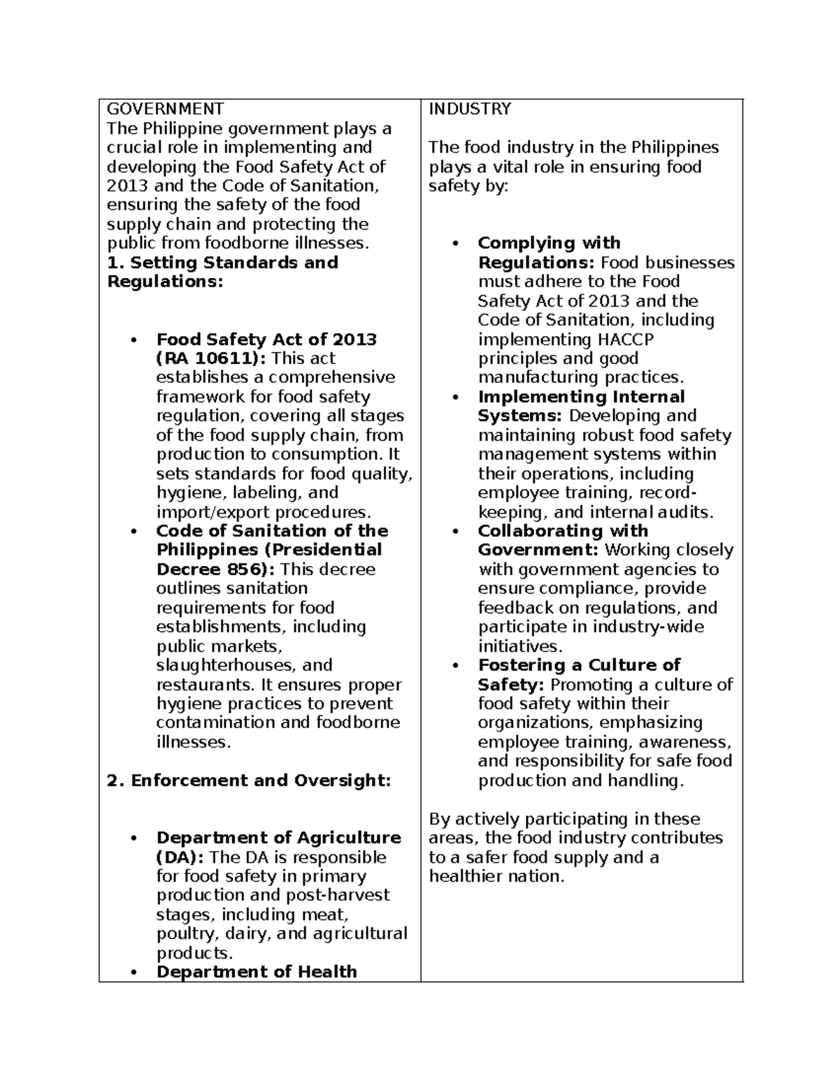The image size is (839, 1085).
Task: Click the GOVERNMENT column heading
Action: (x=165, y=109)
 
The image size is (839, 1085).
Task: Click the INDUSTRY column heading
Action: (x=470, y=109)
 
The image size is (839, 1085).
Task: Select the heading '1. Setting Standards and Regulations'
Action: (x=222, y=272)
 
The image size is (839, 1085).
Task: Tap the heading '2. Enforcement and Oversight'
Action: (x=248, y=780)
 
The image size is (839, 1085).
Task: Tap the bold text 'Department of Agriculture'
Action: (x=278, y=838)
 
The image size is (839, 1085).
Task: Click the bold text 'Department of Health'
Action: (x=257, y=972)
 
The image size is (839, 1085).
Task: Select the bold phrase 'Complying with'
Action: (x=549, y=243)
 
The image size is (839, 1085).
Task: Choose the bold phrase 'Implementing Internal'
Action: (x=581, y=397)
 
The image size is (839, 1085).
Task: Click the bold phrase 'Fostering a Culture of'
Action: (x=579, y=665)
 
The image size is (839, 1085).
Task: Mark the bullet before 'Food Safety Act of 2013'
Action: (x=133, y=340)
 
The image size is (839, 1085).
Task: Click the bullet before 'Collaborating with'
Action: (x=455, y=532)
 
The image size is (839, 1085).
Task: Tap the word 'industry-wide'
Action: (x=648, y=627)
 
